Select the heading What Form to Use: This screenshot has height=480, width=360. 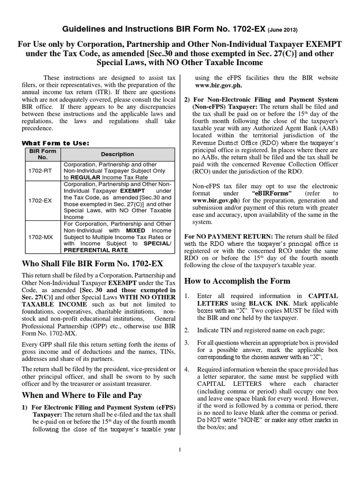[x=56, y=142]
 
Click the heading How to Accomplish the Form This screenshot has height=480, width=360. [x=237, y=281]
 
